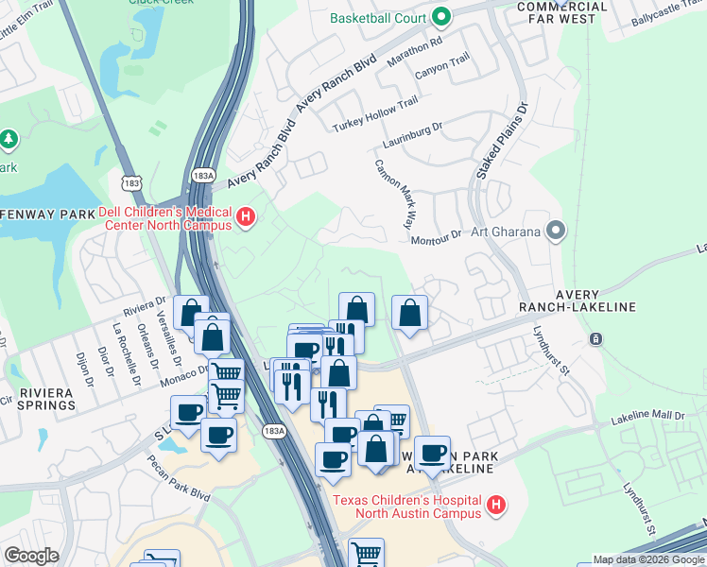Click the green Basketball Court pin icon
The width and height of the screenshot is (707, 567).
(440, 17)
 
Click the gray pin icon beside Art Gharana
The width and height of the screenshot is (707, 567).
(557, 231)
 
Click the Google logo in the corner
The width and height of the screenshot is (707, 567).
(32, 556)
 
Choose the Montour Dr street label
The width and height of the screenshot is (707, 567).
(436, 236)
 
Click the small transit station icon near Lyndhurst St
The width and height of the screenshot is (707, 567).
(596, 339)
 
